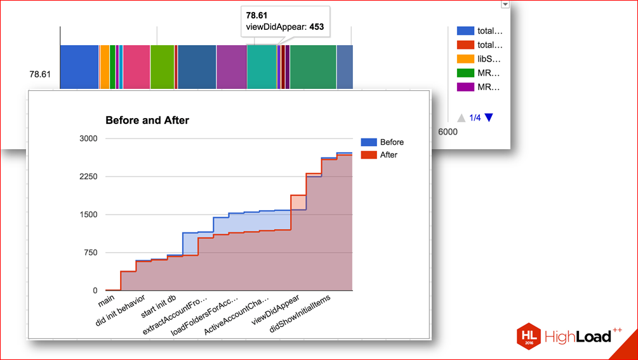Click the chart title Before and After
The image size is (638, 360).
[147, 120]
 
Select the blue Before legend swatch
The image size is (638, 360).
[368, 142]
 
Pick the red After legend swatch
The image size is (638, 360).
[368, 154]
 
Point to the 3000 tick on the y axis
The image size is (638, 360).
[88, 138]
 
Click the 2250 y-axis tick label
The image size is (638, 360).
[88, 177]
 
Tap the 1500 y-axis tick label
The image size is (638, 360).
[88, 215]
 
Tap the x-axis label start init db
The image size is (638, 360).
[158, 305]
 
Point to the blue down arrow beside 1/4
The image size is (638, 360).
[488, 117]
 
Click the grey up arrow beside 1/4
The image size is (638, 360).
[461, 117]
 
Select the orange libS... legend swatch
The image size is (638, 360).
[465, 59]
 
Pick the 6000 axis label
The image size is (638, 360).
[448, 131]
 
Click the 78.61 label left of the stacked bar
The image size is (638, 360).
[39, 74]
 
